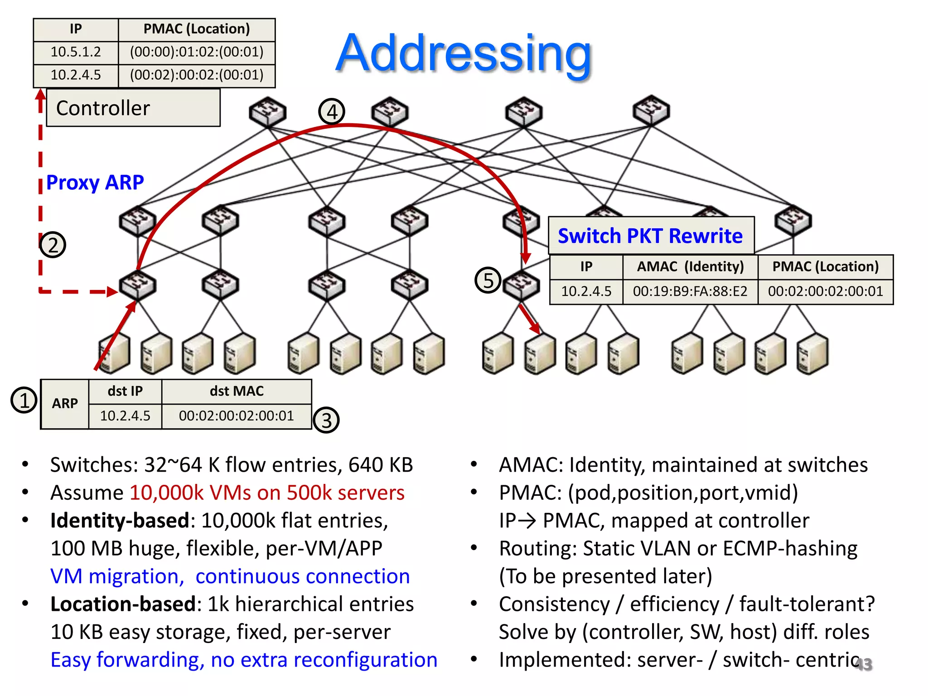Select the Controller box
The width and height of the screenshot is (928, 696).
coord(133,108)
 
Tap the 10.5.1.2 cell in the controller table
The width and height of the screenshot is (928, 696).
coord(76,52)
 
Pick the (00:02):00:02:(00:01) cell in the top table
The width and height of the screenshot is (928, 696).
coord(197,75)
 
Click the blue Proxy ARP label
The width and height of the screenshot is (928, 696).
coord(95,183)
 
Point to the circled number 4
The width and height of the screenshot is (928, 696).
coord(332,111)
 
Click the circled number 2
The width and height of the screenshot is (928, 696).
coord(53,245)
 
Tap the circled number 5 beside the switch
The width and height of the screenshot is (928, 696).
coord(488,280)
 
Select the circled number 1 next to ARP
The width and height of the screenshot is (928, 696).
coord(24,400)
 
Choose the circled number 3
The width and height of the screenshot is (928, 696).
coord(326,420)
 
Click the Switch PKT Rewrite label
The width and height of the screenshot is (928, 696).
coord(650,236)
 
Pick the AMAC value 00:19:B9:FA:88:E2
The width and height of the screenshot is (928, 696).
coord(690,291)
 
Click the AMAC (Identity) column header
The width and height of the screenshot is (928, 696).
coord(690,266)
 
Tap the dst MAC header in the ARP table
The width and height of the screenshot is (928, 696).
coord(237,391)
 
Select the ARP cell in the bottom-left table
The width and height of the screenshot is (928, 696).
coord(65,403)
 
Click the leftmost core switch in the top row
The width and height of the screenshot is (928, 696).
coord(268,111)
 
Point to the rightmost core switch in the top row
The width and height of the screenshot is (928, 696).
coord(651,110)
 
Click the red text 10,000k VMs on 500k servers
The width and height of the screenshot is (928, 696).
coord(267,493)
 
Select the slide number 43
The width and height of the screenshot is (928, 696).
coord(863,664)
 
